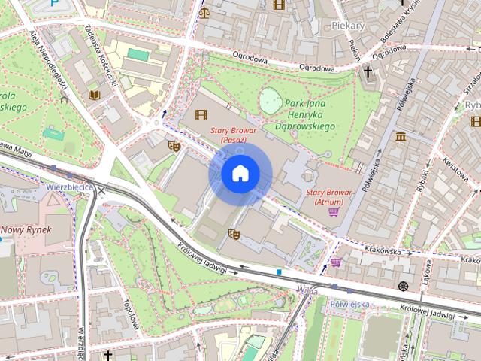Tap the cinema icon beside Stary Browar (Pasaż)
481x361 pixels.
point(201,115)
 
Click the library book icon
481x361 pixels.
point(94,95)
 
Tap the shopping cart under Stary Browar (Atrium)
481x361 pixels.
point(333,212)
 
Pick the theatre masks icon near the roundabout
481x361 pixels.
point(174,145)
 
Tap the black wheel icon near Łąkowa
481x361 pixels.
point(404,286)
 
